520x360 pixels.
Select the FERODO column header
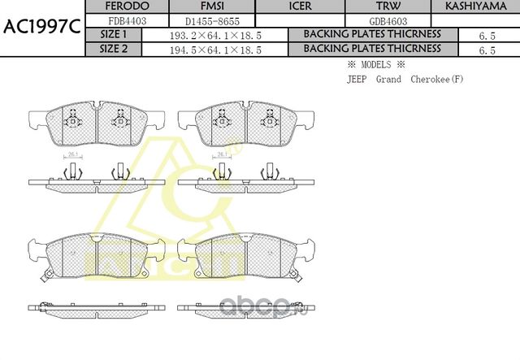point(127,7)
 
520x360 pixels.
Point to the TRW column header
point(388,7)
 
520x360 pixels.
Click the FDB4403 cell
point(127,20)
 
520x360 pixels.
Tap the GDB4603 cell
point(388,20)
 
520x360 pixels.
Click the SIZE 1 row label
point(113,34)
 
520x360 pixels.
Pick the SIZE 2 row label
point(113,49)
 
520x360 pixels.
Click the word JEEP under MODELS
point(356,79)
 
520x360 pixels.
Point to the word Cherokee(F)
point(437,79)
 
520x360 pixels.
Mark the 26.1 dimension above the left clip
point(72,155)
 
